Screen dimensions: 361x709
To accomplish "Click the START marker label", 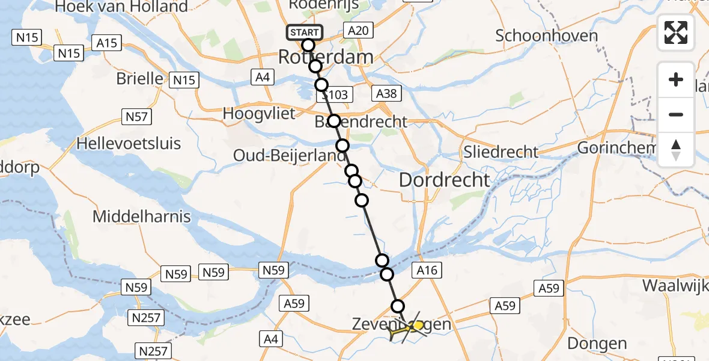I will coord(305,32).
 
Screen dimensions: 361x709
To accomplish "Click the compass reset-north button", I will coord(676,150).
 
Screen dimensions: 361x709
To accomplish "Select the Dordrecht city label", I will coord(445,179).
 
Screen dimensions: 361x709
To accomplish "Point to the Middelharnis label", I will coord(142,217).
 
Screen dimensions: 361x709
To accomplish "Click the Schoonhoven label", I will coord(546,35).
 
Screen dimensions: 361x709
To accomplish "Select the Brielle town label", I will coord(139,79).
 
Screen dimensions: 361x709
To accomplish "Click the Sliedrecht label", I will coord(501,152).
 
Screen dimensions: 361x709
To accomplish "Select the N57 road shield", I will coord(136,117).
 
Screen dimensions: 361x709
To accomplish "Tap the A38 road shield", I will coord(385,93).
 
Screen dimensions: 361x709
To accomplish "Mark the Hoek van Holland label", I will coord(122,7).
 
